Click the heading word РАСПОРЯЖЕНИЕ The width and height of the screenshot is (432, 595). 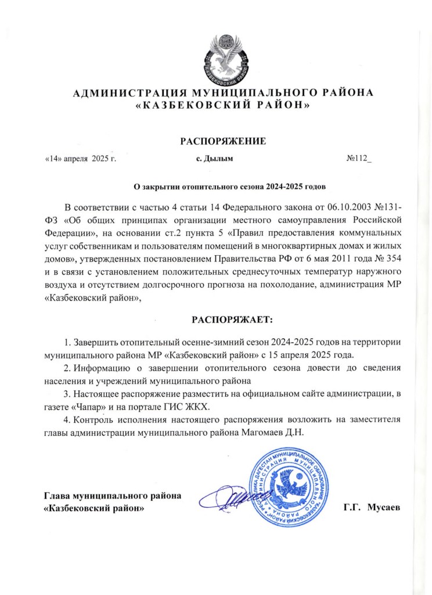tap(223, 141)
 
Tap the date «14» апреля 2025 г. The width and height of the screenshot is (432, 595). tap(81, 159)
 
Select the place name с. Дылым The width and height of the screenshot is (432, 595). tap(215, 159)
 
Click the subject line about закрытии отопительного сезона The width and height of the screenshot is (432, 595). tap(231, 187)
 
